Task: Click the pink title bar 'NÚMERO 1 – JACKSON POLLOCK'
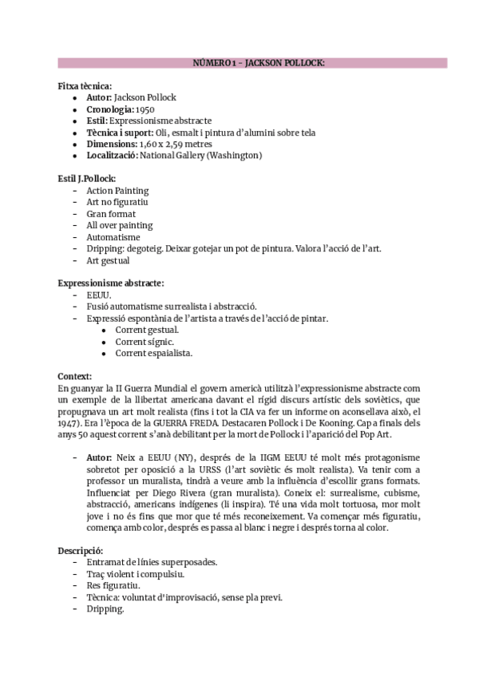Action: click(252, 63)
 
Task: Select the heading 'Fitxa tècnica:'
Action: click(85, 85)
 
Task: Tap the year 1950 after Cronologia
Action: click(145, 109)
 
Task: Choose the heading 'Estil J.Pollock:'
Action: click(87, 178)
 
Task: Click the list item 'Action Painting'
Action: click(117, 191)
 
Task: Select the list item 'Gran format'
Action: click(111, 214)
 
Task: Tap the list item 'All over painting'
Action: click(120, 225)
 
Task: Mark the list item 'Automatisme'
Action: click(113, 237)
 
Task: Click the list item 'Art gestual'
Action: click(108, 260)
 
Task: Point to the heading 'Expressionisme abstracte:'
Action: click(111, 283)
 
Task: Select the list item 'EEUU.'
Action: click(99, 295)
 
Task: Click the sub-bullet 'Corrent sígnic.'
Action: click(144, 341)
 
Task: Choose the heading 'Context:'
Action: click(75, 375)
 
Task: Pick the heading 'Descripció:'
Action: click(81, 551)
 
